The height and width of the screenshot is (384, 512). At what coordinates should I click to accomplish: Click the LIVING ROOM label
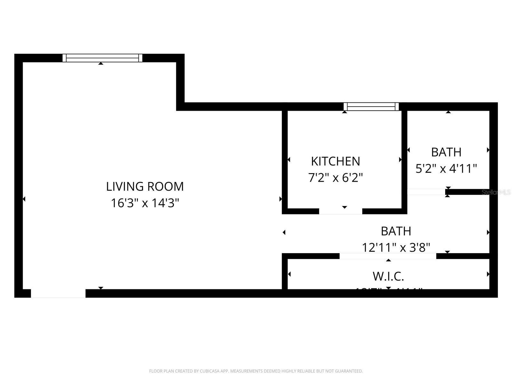145,187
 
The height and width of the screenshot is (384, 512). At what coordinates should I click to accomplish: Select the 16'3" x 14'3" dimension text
145,203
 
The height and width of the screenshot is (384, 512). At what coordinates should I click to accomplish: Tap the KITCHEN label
335,161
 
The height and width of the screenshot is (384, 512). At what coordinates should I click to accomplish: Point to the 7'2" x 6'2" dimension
335,178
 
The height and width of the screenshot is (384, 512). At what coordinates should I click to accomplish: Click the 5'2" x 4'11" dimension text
446,168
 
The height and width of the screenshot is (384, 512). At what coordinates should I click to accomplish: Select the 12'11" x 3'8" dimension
396,247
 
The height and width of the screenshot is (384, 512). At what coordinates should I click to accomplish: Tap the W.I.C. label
388,276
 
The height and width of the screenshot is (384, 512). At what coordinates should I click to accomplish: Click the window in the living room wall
102,58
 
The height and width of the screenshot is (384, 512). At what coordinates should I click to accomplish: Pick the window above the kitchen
371,107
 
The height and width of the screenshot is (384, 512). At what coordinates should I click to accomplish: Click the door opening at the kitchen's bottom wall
340,211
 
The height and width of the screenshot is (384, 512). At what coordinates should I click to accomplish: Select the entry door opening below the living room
58,293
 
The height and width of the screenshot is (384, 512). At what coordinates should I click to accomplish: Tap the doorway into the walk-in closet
388,256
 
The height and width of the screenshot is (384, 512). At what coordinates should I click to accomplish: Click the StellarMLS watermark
496,192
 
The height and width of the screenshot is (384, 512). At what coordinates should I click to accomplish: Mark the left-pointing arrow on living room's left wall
24,199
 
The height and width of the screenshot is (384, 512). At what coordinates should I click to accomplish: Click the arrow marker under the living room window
101,63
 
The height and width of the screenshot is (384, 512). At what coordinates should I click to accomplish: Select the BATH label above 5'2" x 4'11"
446,152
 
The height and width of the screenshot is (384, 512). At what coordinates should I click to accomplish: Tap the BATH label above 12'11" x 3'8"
396,231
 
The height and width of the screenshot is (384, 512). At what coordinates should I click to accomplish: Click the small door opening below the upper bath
426,192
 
